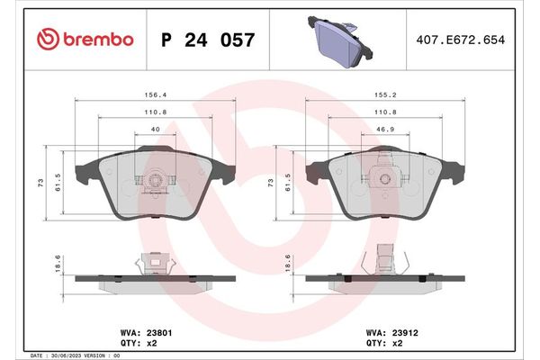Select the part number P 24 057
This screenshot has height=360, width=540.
click(207, 40)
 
